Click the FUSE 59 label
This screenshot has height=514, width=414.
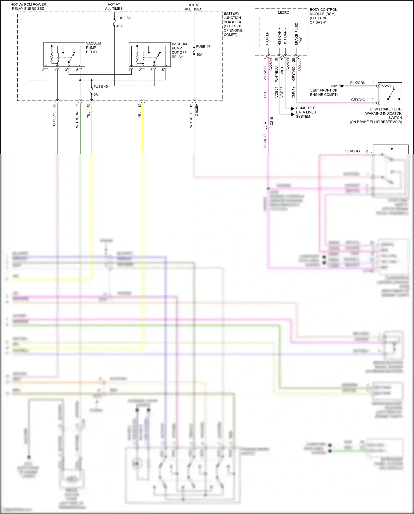(123, 18)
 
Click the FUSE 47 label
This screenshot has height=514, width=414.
(203, 47)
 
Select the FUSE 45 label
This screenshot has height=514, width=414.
(100, 86)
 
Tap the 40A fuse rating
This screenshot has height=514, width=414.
(120, 26)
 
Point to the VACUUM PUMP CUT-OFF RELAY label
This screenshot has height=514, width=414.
(179, 50)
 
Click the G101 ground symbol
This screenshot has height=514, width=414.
(341, 86)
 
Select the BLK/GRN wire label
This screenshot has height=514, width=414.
(358, 83)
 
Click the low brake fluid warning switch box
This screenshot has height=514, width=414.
(390, 94)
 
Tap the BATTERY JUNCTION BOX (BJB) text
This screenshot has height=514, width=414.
(233, 24)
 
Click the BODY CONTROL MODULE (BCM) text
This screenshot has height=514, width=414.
(323, 16)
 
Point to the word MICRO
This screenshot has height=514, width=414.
(283, 13)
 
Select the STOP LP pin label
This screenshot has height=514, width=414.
(267, 39)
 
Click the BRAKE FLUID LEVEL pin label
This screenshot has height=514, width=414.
(299, 34)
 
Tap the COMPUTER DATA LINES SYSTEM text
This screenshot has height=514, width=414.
(306, 112)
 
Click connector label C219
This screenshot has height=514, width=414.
(272, 121)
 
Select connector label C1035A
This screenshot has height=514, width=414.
(197, 110)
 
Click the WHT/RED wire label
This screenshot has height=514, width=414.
(191, 120)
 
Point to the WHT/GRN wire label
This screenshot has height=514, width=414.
(77, 120)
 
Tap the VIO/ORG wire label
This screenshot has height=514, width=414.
(352, 151)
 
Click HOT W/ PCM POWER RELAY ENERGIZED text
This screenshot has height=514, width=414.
(28, 7)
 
